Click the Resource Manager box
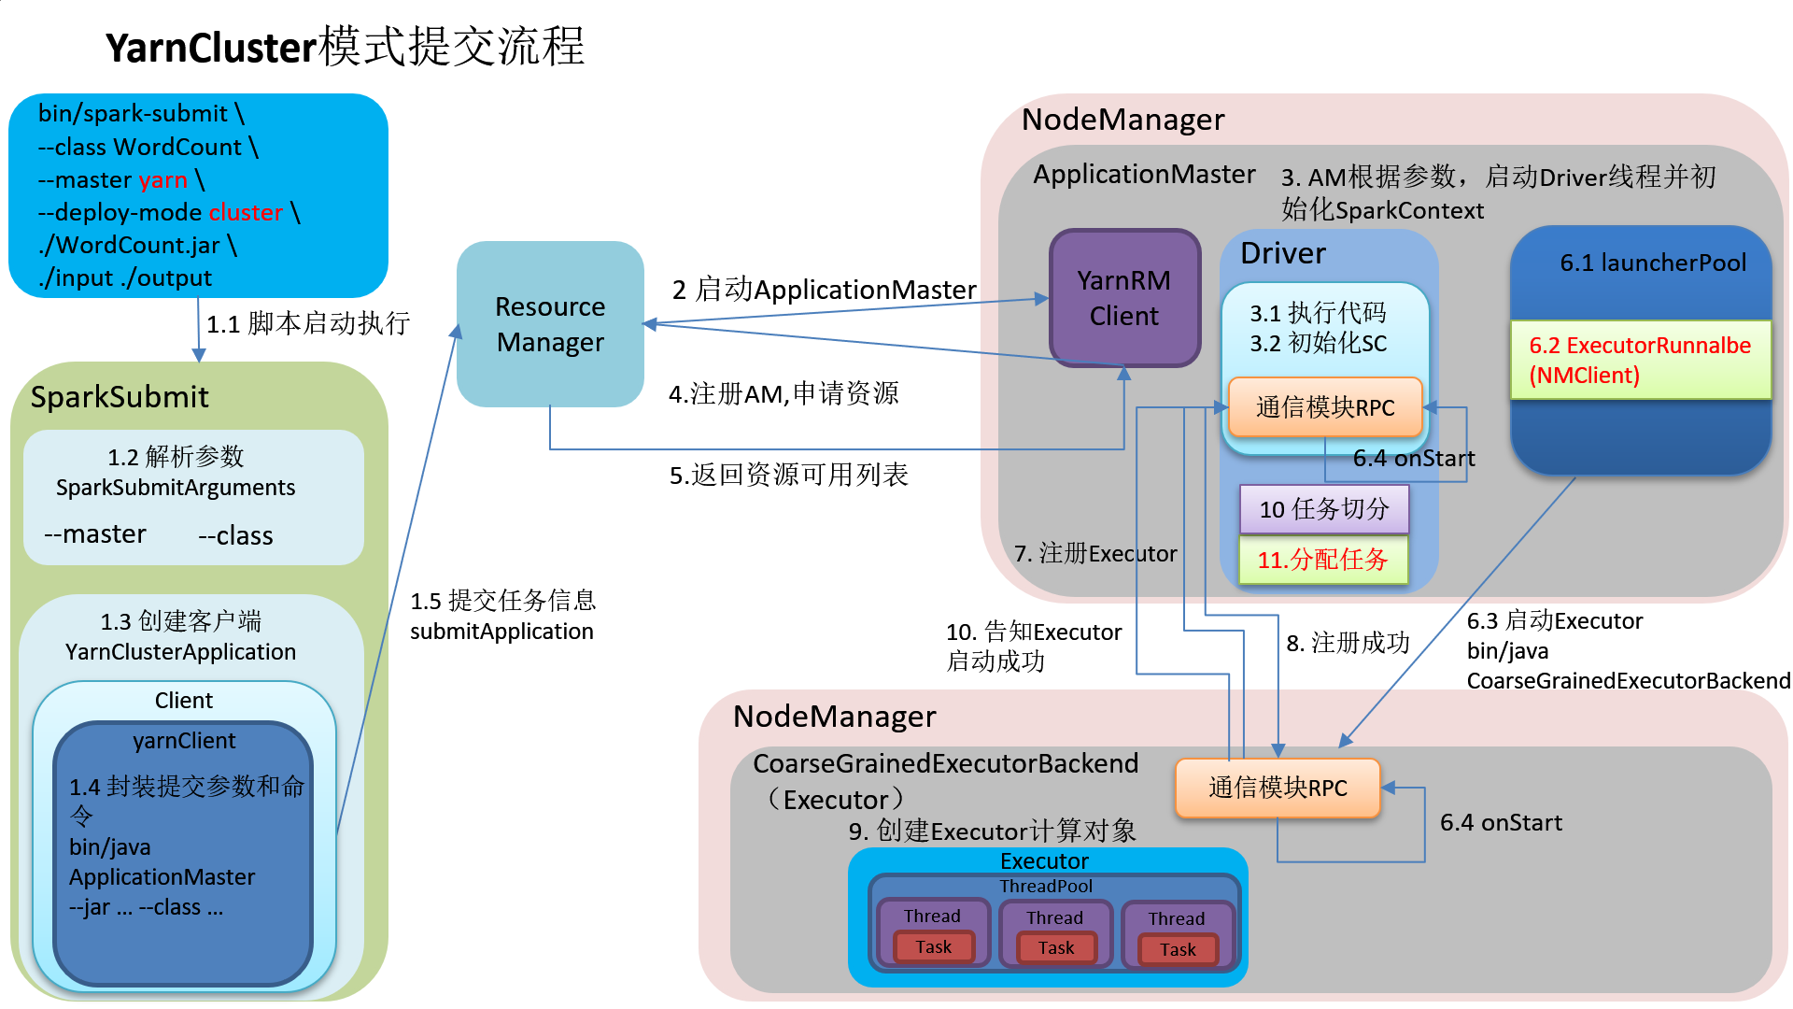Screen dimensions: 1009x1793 pos(550,324)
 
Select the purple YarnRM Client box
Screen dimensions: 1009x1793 pos(1124,298)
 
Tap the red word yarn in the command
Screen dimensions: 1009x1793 pos(162,179)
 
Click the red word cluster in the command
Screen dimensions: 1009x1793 pos(246,212)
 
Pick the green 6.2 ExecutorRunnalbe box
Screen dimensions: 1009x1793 pos(1640,360)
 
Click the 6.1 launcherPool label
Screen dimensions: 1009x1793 pos(1652,263)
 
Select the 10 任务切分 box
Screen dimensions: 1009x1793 pos(1323,509)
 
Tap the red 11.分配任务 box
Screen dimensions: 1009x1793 pos(1322,560)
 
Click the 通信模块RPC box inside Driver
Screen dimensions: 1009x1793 pos(1324,407)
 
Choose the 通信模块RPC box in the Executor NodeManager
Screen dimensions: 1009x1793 pos(1277,788)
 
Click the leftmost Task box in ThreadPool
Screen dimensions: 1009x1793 pos(933,947)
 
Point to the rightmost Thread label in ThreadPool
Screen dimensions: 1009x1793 pos(1176,918)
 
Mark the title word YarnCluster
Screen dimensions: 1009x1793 pos(211,48)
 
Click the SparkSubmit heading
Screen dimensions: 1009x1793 pos(120,397)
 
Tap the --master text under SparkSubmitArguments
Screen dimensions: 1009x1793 pos(95,534)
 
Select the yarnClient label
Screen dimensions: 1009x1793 pos(184,741)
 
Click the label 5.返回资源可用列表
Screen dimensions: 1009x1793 pos(788,475)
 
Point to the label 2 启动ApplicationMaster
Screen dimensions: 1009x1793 pos(824,290)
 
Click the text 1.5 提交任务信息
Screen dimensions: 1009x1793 pos(502,601)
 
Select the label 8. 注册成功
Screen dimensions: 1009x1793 pos(1347,643)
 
